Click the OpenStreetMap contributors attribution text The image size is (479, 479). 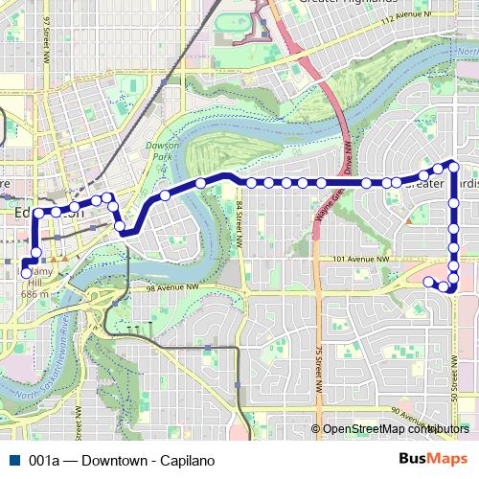click(394, 429)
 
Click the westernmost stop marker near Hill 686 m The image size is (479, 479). click(26, 273)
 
